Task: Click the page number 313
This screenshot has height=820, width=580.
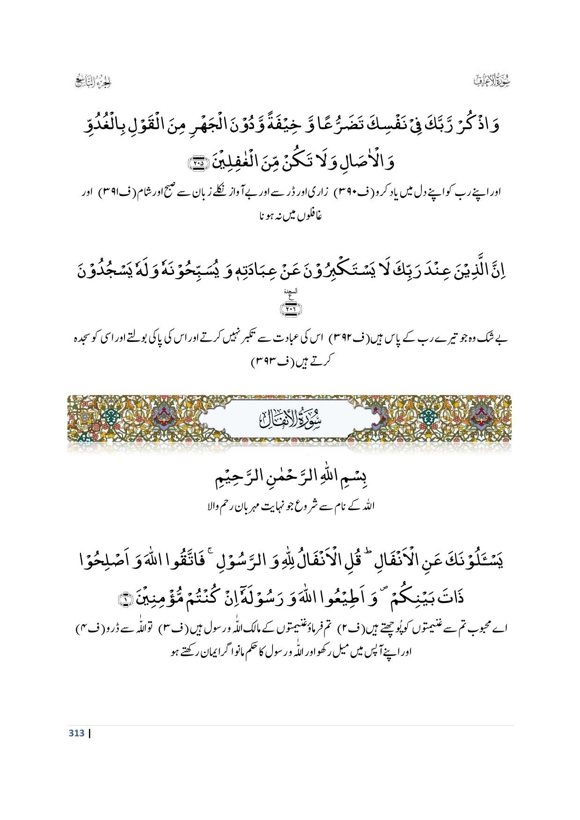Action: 77,733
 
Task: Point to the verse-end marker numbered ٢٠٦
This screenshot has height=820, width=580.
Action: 291,308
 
